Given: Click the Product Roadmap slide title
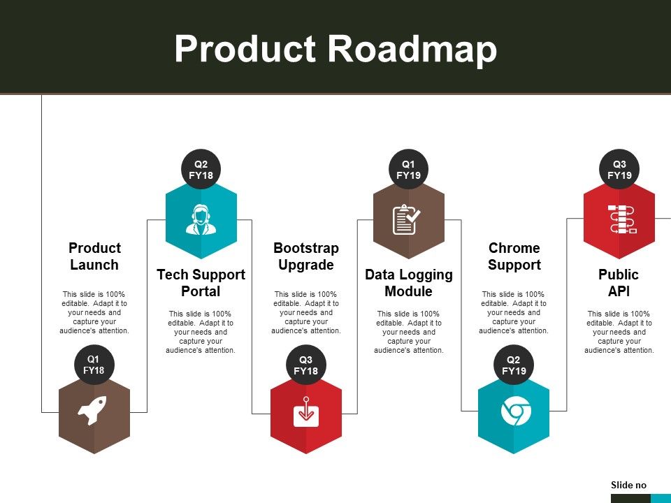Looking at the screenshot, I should (x=335, y=50).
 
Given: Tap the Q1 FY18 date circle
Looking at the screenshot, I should (x=94, y=365).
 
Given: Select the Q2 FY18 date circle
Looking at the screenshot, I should (x=201, y=170).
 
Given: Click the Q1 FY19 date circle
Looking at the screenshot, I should (x=408, y=170).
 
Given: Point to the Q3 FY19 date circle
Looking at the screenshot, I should (x=619, y=170).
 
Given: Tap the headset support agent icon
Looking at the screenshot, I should (x=201, y=219).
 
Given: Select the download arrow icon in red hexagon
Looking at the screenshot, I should (x=306, y=411).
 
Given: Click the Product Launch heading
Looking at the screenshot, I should (x=94, y=256).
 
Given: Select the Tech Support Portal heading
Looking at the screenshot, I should (x=201, y=283).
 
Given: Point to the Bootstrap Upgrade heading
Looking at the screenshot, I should (x=306, y=256).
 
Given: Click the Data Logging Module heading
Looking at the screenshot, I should (x=409, y=283).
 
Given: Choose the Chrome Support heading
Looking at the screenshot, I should (x=514, y=256).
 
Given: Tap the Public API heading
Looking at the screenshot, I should (x=619, y=283).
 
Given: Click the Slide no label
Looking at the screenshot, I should (x=628, y=485).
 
